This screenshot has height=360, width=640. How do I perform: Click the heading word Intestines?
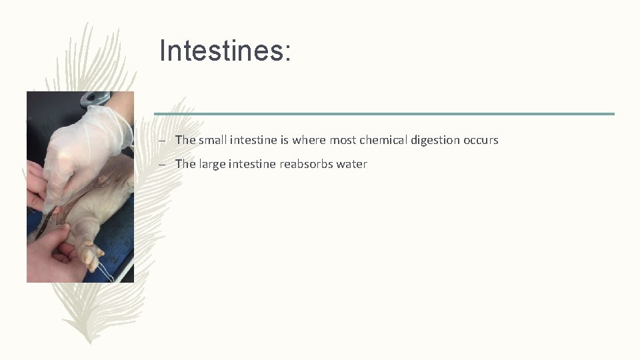click(x=225, y=51)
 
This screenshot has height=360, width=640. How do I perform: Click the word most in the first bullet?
click(x=343, y=140)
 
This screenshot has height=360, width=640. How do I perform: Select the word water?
click(x=352, y=164)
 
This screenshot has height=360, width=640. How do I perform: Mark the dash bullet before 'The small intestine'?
click(x=162, y=141)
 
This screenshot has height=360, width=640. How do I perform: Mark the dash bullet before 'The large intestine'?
click(x=162, y=165)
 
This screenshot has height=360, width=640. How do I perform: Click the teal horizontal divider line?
click(x=384, y=113)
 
